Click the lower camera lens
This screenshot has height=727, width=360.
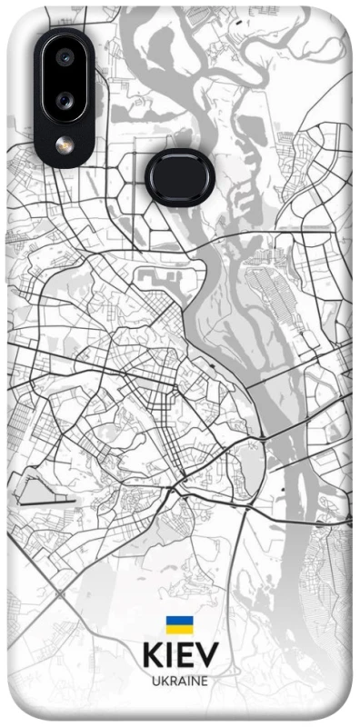coord(65,99)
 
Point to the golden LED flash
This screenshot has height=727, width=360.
coord(65,144)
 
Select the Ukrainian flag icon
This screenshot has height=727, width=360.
coord(179,624)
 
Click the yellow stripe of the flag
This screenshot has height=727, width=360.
coord(179,629)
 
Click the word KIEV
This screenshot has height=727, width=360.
coord(180,655)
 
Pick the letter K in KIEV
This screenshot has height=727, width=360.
coord(153,655)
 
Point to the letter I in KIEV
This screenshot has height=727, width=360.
coord(170,655)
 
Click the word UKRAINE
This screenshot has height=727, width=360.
coord(180,680)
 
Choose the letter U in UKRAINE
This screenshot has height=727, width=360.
coord(155,680)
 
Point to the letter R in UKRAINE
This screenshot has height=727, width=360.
coord(172,680)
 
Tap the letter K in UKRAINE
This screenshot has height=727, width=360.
coord(164,680)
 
